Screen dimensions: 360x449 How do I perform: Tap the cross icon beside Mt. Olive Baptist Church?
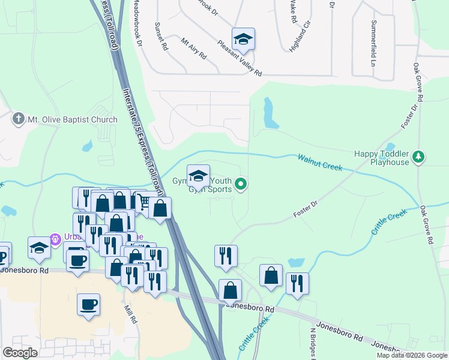19,119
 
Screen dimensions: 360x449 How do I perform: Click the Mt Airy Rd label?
194,48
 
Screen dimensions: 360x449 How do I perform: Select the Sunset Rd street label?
162,37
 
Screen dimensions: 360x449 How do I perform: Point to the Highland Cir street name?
301,37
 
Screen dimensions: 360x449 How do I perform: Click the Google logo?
20,353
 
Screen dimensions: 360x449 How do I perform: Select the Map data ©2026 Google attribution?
412,355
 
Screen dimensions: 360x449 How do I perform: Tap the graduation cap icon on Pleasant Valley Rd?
243,39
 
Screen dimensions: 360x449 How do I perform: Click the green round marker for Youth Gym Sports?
241,184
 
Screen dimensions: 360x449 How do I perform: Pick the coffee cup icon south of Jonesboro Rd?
88,304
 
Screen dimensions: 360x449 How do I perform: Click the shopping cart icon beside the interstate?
142,202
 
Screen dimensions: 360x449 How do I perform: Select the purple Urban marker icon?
56,239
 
